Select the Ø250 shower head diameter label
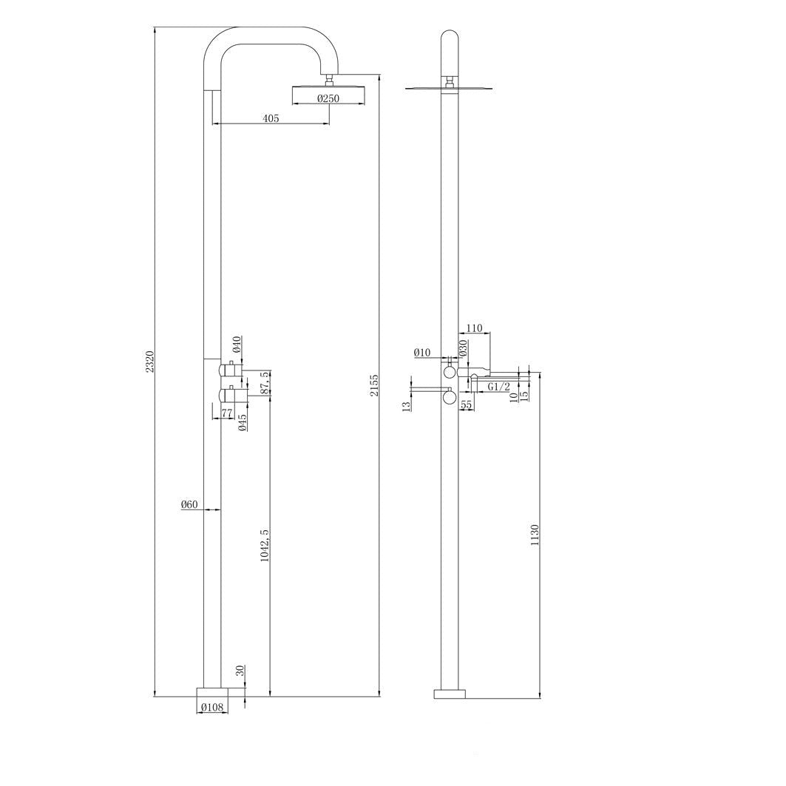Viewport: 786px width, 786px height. (x=328, y=98)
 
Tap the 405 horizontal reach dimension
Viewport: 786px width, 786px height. (x=271, y=118)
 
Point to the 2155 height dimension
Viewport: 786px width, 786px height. (x=374, y=384)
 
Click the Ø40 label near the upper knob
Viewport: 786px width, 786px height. (x=237, y=345)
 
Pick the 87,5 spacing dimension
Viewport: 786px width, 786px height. (x=265, y=383)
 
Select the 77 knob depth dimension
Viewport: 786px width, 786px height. (x=226, y=413)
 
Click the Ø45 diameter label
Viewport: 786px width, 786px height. (x=242, y=422)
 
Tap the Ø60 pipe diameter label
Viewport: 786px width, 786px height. (x=189, y=505)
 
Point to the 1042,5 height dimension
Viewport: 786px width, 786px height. (x=265, y=545)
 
